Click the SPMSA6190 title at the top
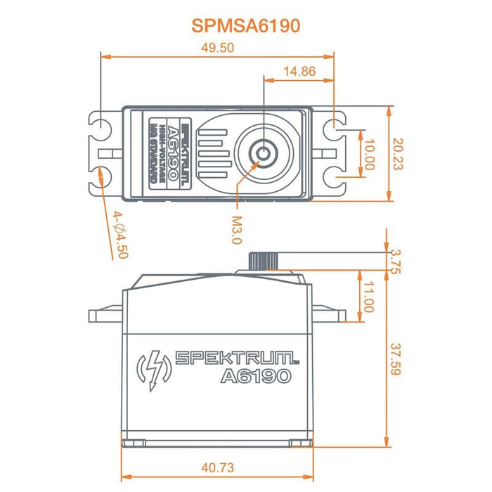coord(245,25)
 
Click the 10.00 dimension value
coord(369,153)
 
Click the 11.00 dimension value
coord(368,296)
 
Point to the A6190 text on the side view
coord(255,377)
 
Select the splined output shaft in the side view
coord(260,259)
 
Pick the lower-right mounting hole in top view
coord(338,175)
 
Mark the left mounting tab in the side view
coord(105,311)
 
